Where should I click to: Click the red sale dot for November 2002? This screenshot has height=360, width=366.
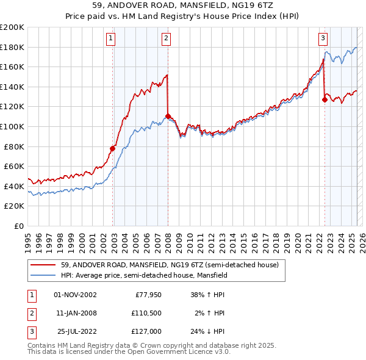[113, 148]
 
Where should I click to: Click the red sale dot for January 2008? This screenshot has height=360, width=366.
[168, 116]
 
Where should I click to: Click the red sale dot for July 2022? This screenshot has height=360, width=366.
[325, 100]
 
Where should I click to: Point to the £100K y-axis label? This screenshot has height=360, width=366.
[12, 126]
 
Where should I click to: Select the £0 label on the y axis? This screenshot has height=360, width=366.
[18, 226]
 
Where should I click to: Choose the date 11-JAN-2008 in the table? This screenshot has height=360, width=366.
[76, 313]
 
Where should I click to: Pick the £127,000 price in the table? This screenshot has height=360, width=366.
[146, 331]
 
